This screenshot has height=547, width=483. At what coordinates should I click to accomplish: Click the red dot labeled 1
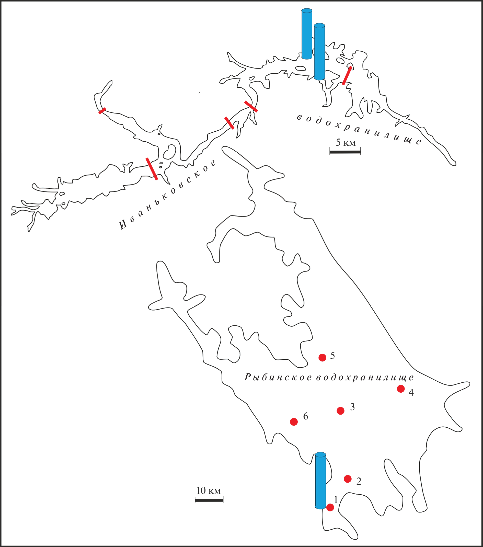tap(330, 507)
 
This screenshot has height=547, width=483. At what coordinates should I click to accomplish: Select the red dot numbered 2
tap(348, 479)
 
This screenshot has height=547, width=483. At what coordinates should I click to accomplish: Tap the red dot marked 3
tap(340, 411)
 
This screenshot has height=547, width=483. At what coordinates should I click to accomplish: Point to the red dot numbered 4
tap(400, 389)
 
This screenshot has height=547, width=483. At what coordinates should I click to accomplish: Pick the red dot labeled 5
tap(323, 357)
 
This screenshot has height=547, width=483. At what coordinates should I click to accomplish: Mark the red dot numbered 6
tap(294, 422)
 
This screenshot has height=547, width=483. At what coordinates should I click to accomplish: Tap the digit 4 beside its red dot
tap(411, 392)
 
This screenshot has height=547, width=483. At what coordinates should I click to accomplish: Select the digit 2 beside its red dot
tap(359, 481)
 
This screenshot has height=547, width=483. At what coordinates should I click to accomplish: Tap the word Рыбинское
tap(278, 377)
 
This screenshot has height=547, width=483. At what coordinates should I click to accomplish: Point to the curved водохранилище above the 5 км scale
tap(359, 130)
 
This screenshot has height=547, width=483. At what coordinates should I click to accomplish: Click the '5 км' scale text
tap(346, 143)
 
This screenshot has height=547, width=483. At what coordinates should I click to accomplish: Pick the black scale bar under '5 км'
tap(345, 152)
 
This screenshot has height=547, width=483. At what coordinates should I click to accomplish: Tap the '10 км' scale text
tap(209, 491)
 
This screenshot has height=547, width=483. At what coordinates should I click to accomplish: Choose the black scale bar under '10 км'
tap(209, 500)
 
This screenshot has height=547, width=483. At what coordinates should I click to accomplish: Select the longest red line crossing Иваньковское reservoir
tap(152, 169)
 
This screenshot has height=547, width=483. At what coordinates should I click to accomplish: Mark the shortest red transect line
tap(102, 111)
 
